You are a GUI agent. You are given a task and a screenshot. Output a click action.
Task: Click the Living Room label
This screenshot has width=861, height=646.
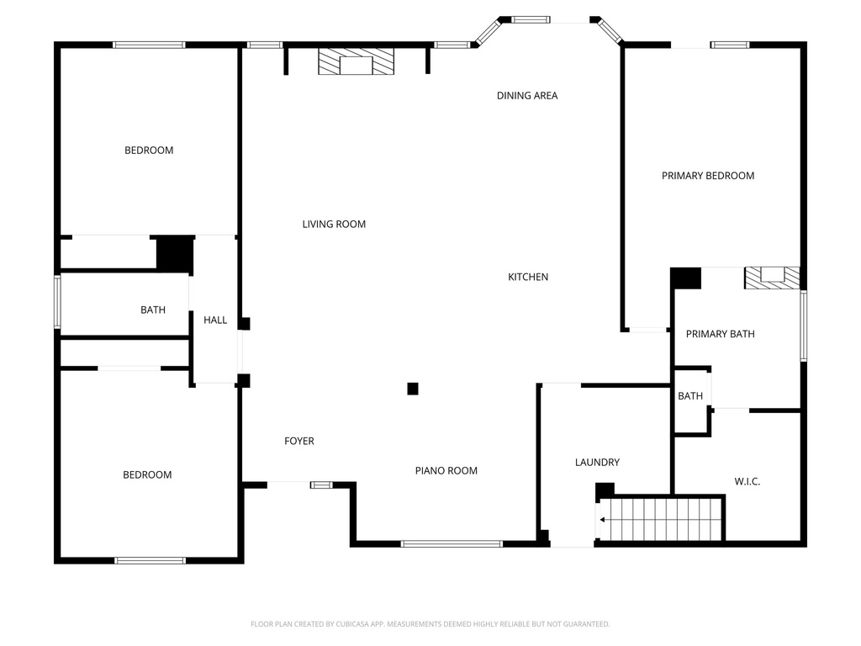(334, 225)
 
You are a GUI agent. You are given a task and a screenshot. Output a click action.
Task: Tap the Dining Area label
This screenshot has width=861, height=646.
(526, 96)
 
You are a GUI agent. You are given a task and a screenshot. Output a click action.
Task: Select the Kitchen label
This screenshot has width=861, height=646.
(528, 278)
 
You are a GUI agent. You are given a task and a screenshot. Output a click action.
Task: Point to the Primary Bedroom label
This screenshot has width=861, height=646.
(707, 176)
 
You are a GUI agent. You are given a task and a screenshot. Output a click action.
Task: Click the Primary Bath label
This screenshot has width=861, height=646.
(720, 334)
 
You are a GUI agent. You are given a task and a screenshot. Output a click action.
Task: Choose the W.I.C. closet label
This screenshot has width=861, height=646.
(747, 482)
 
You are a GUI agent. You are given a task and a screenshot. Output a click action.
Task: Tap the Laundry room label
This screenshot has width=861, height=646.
(597, 463)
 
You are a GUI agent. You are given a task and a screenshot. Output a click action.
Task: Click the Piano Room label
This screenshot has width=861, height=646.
(446, 471)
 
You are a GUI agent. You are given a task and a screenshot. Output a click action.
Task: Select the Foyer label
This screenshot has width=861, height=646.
(298, 442)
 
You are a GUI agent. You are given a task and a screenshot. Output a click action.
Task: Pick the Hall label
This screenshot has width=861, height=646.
(215, 320)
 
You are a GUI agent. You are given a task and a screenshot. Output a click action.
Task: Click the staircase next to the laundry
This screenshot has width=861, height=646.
(661, 519)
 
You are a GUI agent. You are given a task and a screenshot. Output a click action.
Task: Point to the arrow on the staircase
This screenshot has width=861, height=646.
(603, 520)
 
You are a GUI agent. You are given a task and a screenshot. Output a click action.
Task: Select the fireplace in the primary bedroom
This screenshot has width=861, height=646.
(771, 278)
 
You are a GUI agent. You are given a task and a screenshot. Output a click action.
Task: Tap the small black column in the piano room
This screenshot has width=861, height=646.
(413, 389)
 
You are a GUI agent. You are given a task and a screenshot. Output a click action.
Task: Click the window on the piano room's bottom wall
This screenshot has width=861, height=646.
(452, 543)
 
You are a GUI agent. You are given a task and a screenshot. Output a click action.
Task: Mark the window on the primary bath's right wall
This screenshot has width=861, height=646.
(803, 326)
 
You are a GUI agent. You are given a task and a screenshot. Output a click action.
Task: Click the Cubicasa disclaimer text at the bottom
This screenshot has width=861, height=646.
(430, 624)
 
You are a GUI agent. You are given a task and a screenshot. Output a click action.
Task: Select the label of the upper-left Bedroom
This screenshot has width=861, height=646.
(149, 151)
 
